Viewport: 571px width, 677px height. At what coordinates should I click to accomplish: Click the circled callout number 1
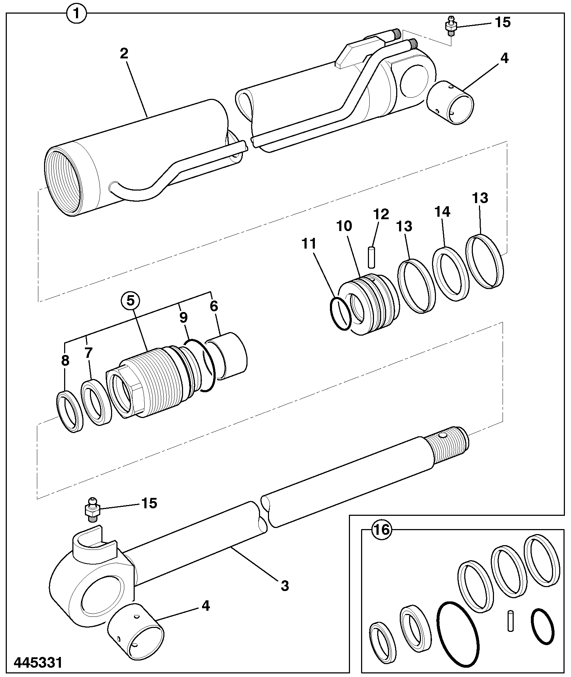pos(76,14)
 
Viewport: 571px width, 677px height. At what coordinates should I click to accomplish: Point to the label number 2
pos(124,53)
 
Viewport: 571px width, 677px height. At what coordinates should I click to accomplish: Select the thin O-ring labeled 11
pos(340,313)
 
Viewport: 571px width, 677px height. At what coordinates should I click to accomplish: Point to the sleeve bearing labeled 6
pos(226,355)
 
